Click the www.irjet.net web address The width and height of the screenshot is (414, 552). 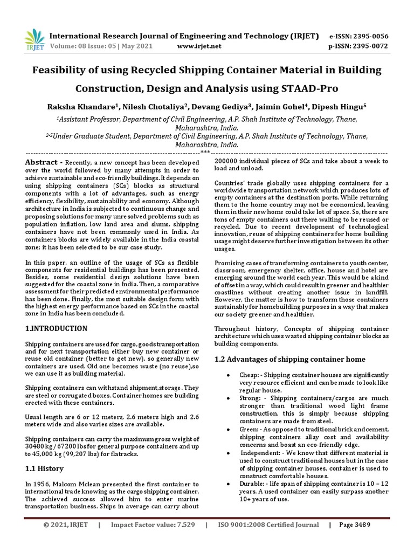click(199, 46)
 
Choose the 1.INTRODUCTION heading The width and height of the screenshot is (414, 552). click(57, 328)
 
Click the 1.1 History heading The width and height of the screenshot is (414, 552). click(45, 469)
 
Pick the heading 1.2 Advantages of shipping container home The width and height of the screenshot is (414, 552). click(289, 359)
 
